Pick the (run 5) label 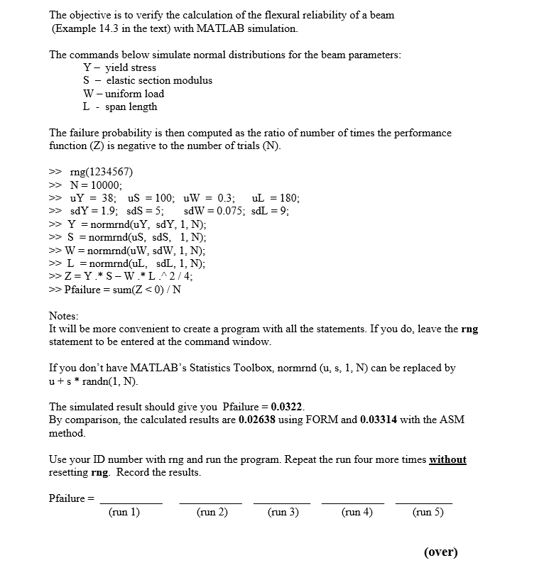click(428, 511)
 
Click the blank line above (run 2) click(212, 503)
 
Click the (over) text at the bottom click(440, 552)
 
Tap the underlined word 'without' click(447, 459)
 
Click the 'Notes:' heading click(64, 316)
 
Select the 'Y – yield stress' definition click(119, 67)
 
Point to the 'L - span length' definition click(120, 106)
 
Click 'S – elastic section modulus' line click(148, 80)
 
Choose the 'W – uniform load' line click(124, 94)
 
